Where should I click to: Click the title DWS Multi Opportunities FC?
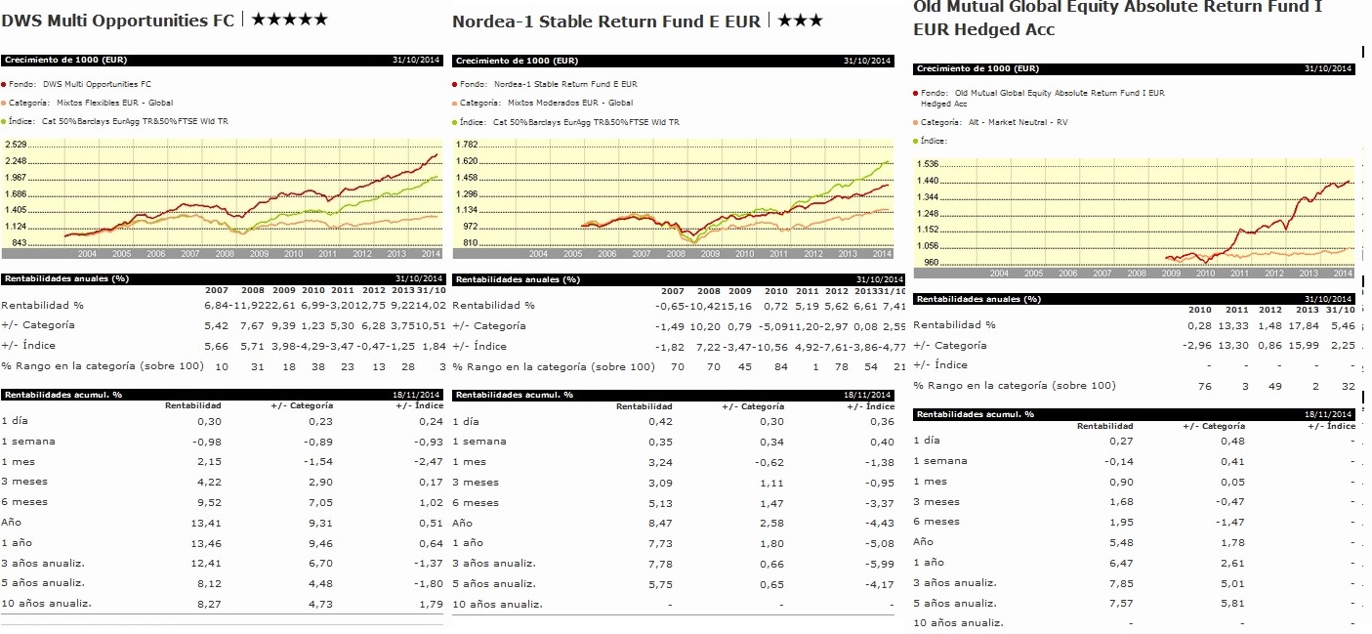click(119, 20)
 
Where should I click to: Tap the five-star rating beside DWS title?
click(290, 20)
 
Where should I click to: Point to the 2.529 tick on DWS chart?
click(17, 145)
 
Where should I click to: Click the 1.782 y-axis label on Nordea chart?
click(467, 145)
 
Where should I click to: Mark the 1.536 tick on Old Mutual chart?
click(927, 164)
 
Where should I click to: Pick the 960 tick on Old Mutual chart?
click(930, 262)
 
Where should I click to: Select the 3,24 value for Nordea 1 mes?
click(660, 461)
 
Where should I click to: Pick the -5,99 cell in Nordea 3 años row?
click(881, 563)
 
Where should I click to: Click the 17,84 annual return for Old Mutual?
click(1307, 325)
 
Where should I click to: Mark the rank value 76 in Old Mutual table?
click(1204, 386)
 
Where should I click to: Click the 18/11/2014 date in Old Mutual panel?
click(1332, 415)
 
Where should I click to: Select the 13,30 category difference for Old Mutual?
click(1236, 345)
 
